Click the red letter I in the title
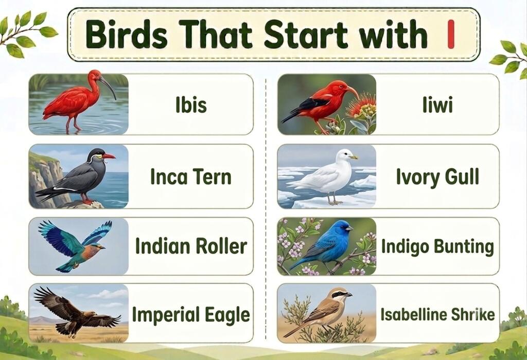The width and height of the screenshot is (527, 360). point(451,34)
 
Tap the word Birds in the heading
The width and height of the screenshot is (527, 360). point(127,34)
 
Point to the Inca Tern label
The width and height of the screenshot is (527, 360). point(191,176)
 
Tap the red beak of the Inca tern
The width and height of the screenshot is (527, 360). point(109,156)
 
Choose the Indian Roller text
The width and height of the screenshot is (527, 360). point(191,246)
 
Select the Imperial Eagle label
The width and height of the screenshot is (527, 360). point(191,315)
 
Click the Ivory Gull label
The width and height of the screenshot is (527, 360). point(437,177)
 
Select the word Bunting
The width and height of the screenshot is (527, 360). point(464,247)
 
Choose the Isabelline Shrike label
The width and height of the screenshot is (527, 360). point(437,315)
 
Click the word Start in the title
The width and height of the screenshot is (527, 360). point(306,34)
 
